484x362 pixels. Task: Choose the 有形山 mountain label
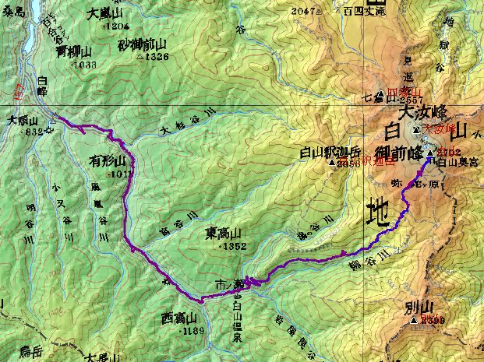click(107, 161)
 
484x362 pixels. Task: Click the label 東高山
click(224, 233)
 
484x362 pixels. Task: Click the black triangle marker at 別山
click(412, 318)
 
